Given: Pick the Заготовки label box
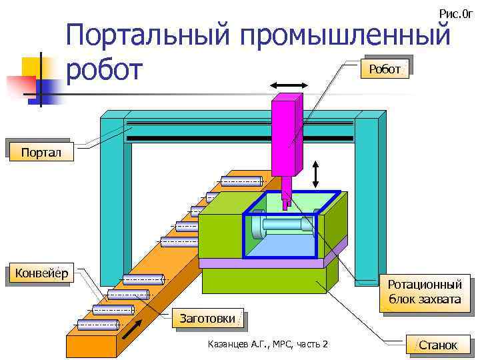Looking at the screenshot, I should (207, 319).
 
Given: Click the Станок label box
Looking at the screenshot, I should (438, 345).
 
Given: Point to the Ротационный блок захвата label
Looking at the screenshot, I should (425, 293).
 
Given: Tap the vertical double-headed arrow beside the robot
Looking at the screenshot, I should (316, 175).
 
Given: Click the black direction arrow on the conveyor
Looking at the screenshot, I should (132, 329).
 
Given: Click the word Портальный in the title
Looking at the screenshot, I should (149, 37).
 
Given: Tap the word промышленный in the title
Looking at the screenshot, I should (346, 37).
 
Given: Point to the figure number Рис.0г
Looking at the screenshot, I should (455, 13).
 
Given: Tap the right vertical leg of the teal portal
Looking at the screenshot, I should (366, 200).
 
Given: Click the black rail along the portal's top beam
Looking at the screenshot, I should (240, 138).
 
